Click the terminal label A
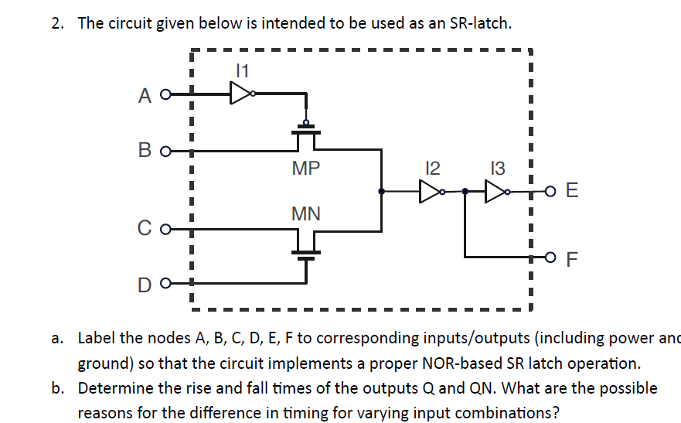145,96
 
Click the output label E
571,191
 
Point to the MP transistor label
306,168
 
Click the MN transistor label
306,213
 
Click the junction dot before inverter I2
380,191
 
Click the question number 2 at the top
56,23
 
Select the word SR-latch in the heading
479,23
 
